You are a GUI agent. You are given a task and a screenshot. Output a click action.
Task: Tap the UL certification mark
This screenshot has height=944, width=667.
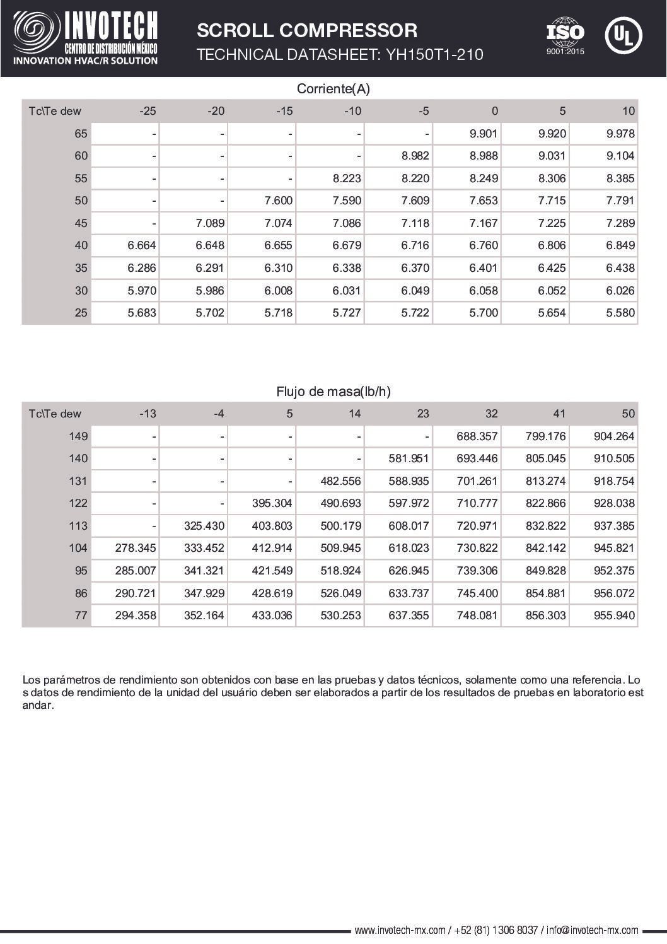623,35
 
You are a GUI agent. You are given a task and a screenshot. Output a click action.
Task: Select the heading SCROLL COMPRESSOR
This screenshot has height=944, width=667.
307,30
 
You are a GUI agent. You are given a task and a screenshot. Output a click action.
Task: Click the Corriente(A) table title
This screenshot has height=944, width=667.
333,89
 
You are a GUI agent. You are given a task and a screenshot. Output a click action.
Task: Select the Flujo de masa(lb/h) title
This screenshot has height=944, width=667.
333,392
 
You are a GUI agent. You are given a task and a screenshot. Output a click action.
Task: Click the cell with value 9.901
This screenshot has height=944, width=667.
484,134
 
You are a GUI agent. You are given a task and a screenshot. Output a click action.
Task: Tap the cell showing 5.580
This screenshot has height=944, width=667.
620,313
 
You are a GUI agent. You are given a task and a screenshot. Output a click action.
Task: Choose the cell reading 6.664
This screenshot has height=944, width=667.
142,245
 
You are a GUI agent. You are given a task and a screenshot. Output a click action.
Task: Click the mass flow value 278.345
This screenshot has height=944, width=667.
136,548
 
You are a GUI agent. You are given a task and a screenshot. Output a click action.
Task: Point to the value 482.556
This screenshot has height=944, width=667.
340,481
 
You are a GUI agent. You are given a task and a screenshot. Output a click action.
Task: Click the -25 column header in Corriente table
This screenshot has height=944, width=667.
148,111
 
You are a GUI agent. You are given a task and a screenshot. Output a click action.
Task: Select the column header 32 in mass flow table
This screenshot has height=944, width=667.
491,414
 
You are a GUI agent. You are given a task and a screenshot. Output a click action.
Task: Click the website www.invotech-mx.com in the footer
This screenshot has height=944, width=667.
400,930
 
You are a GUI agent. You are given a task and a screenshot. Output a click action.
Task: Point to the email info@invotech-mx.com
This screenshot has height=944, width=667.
593,930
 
